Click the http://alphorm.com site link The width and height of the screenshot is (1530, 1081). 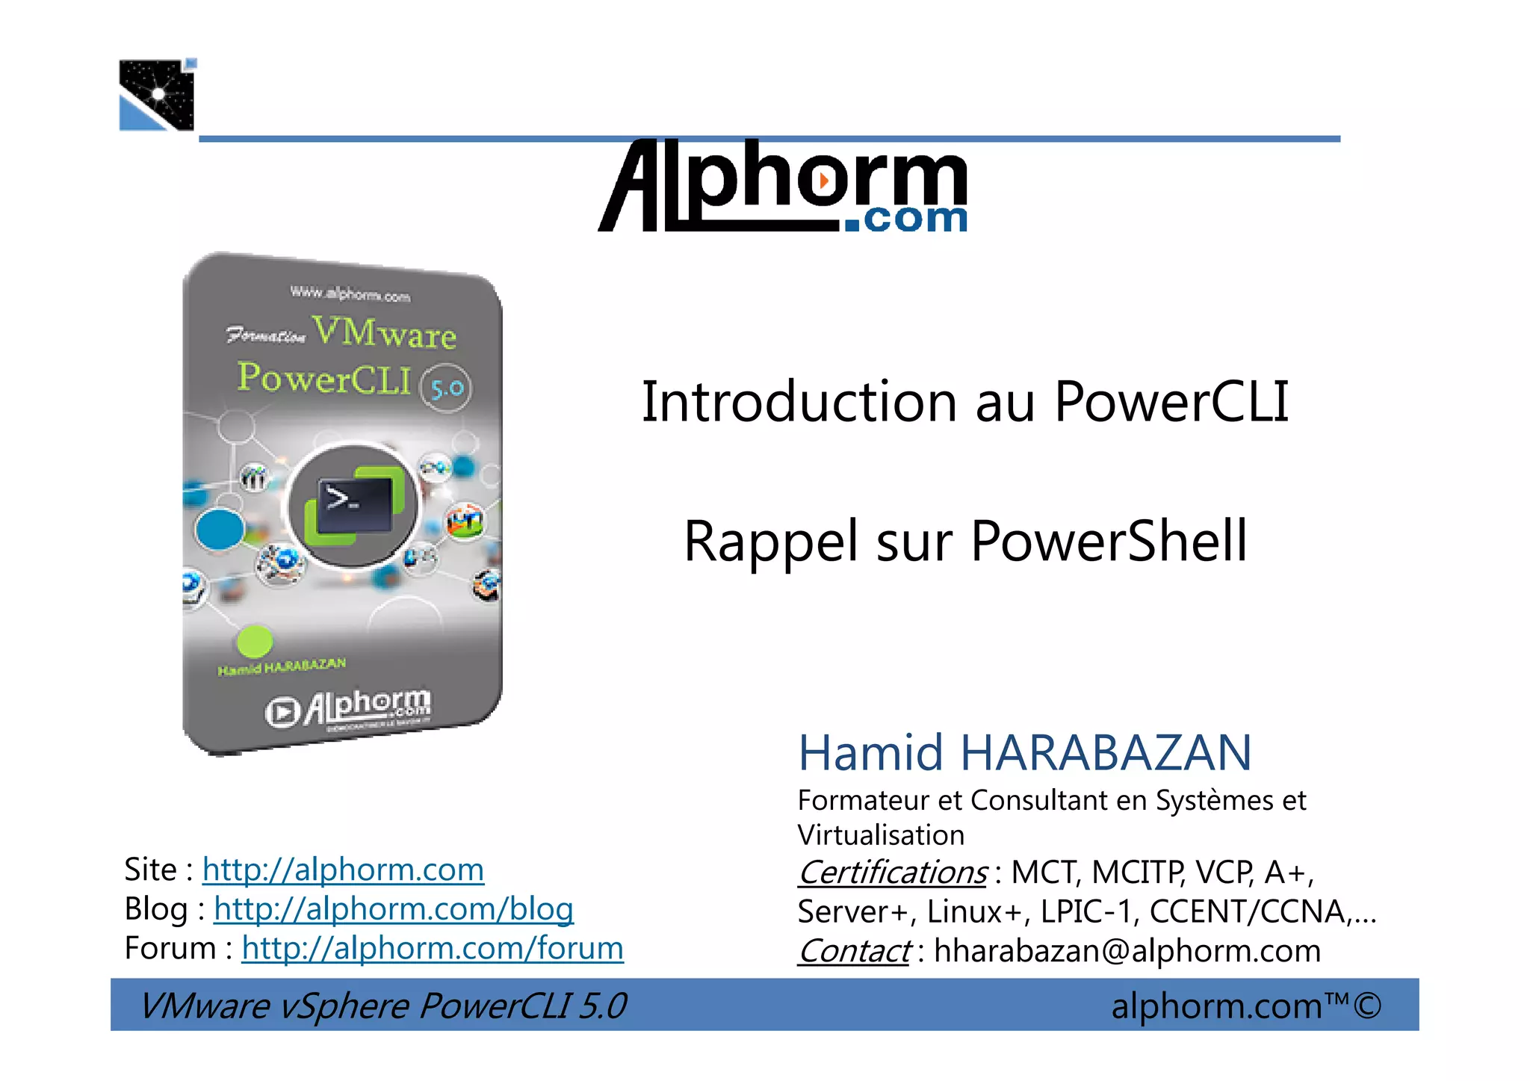(343, 870)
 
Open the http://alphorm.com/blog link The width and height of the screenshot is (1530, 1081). (393, 909)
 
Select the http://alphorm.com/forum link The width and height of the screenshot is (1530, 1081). (432, 949)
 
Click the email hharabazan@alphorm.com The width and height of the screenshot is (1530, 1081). (1127, 952)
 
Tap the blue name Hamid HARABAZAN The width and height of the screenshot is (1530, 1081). (1024, 752)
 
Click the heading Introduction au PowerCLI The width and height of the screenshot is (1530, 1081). (964, 402)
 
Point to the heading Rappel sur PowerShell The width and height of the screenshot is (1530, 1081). (965, 541)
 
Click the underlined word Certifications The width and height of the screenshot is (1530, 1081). (893, 873)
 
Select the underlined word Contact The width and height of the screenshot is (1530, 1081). (854, 952)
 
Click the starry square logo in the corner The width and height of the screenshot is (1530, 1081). (157, 95)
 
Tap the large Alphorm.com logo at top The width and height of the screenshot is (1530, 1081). (783, 186)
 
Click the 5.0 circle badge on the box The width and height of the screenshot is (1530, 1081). (446, 388)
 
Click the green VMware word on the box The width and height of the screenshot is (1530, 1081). (384, 332)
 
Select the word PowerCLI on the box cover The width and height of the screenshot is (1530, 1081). (323, 378)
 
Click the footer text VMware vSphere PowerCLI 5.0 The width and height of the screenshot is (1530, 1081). (383, 1006)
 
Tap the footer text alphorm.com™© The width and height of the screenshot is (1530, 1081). (1245, 1006)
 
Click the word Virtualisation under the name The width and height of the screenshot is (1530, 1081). (881, 835)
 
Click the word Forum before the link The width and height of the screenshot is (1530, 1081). (170, 949)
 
